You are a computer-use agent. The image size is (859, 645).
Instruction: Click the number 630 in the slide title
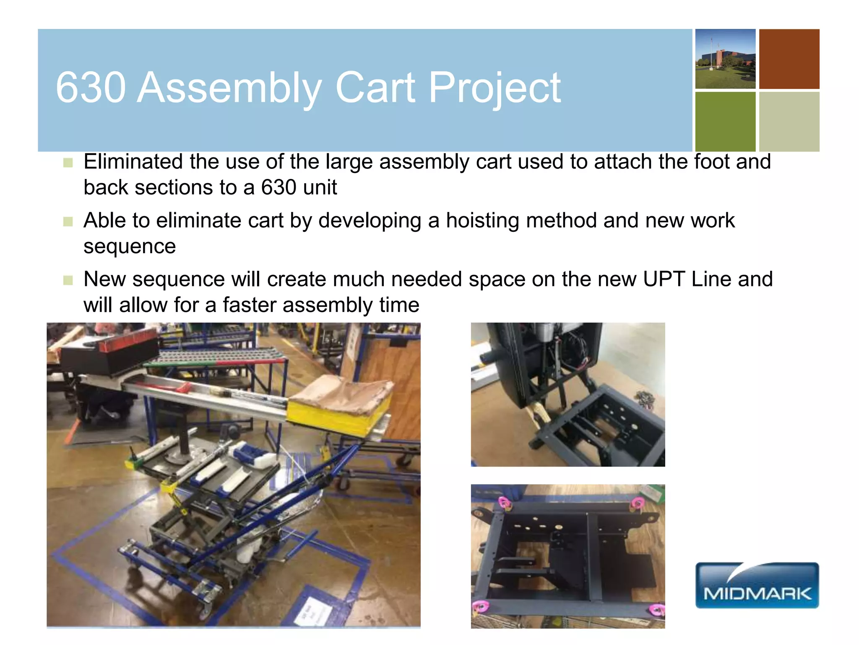point(91,87)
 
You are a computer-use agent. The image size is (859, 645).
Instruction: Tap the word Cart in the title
point(375,87)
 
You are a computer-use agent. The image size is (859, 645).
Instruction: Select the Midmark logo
point(757,585)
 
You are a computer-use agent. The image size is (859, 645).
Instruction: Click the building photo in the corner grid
point(725,59)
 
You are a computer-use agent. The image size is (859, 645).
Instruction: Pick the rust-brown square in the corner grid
point(789,59)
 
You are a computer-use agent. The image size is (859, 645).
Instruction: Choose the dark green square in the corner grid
point(725,122)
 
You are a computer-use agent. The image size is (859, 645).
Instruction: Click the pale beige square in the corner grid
point(789,122)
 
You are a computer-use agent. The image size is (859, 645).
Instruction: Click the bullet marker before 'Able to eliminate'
point(68,221)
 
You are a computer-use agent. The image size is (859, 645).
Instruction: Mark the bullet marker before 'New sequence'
point(68,280)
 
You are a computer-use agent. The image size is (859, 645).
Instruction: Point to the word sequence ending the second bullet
point(129,246)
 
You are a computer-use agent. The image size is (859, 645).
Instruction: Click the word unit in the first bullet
point(320,187)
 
